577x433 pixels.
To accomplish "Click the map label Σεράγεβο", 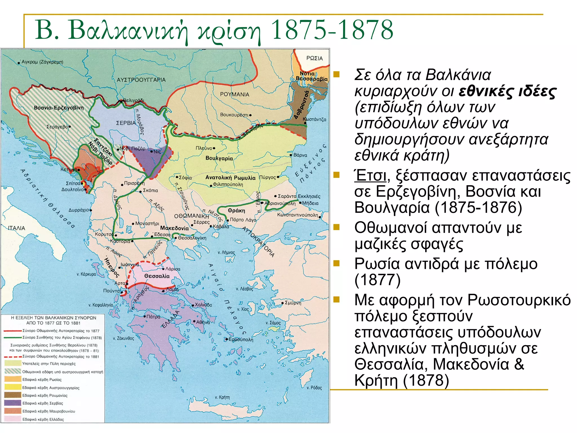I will point(57,127).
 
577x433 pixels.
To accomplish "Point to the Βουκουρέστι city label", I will point(234,115).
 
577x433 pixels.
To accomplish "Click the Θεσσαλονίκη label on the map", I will point(192,238).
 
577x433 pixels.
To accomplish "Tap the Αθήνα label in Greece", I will point(203,322).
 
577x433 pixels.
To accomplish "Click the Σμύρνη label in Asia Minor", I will point(293,303).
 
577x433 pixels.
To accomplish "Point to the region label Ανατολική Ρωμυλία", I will point(230,178).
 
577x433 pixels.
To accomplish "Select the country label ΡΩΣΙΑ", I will point(314,58).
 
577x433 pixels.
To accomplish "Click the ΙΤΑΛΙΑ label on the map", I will point(17,228).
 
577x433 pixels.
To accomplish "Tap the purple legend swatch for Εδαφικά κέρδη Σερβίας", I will point(13,403).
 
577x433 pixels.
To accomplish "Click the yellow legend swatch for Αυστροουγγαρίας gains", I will point(13,387).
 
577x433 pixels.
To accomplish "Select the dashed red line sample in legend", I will point(13,357).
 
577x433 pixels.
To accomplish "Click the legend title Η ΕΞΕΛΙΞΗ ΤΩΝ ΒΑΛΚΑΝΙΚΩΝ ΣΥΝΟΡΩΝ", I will point(54,318).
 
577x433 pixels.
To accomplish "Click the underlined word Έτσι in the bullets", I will point(370,176).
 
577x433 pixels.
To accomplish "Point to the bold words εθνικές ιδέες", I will point(507,91).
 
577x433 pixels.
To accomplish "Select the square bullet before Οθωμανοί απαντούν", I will point(336,227).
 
